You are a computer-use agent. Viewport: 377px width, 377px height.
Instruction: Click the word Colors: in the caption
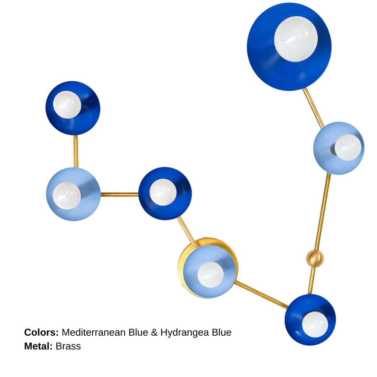coord(41,332)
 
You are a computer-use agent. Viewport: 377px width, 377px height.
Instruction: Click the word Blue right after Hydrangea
coord(221,332)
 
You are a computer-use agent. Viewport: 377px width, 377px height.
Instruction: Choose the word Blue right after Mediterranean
coord(138,332)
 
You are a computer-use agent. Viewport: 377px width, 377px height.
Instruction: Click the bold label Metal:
coord(38,346)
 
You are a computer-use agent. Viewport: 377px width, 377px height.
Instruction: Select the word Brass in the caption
coord(68,346)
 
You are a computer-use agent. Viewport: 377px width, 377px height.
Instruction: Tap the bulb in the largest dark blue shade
coord(296,39)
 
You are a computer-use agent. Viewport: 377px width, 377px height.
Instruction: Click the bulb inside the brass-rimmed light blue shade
coord(211,274)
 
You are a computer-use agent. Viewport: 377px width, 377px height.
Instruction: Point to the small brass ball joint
coord(315,258)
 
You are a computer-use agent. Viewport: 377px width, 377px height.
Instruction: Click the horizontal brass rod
coord(120,194)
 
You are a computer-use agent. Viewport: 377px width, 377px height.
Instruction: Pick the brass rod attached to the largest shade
coord(314,108)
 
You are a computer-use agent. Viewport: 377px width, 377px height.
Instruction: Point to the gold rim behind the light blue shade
coord(208,268)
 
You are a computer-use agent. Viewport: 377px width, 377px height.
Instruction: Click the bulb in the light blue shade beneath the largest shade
coord(348,147)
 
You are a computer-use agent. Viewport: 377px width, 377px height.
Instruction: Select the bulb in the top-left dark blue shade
coord(67,105)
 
